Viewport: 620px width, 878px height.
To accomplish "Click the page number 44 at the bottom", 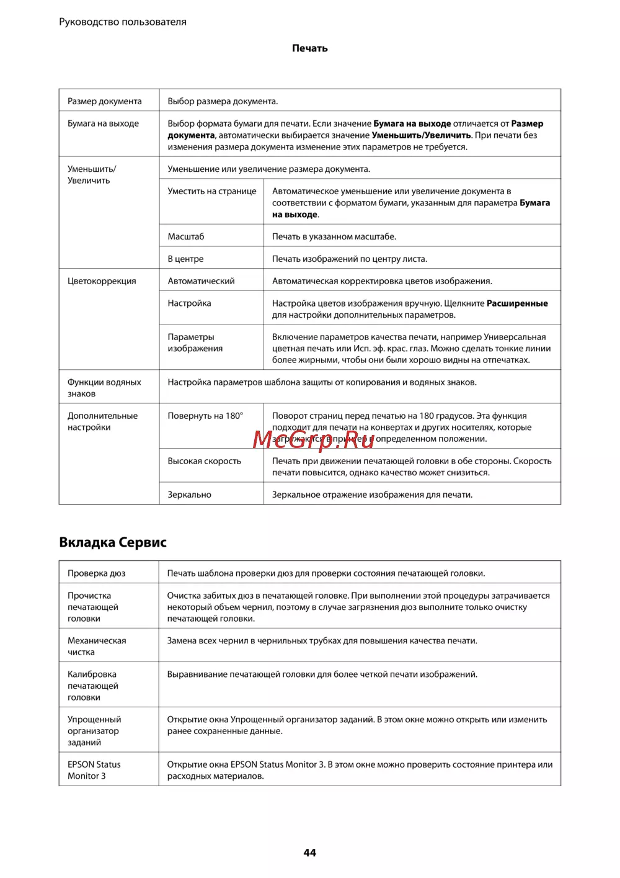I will [309, 853].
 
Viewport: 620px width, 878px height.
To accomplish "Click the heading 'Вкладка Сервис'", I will [113, 542].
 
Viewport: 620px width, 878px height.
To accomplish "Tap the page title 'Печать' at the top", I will [309, 48].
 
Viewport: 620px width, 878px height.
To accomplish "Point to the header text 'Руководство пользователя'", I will [123, 22].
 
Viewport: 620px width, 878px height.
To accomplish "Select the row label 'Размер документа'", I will [104, 101].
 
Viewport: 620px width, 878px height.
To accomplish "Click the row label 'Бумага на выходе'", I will [103, 123].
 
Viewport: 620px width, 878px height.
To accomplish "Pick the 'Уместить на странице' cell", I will [211, 191].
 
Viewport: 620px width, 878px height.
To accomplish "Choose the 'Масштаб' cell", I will [185, 236].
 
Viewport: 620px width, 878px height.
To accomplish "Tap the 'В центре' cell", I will [185, 259].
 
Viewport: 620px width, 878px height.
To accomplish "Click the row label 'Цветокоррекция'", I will [102, 281].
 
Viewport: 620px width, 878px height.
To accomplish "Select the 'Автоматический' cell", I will [201, 281].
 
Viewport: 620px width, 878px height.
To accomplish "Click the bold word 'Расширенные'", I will [517, 303].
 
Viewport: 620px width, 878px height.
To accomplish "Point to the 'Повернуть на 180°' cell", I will [205, 416].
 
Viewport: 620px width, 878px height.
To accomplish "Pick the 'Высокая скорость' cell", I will [204, 461].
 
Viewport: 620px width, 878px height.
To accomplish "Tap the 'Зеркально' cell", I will [189, 495].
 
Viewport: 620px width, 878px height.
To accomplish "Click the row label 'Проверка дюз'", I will [96, 573].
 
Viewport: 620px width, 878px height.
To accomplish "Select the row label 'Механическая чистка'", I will [96, 646].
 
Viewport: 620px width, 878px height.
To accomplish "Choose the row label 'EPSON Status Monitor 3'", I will [94, 770].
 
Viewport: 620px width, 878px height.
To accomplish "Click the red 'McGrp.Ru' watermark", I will [313, 439].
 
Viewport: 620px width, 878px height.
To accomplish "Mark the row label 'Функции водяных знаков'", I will [104, 388].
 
